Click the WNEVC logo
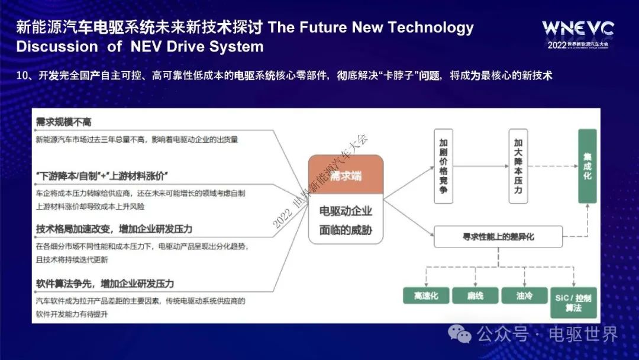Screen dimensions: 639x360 click(578, 28)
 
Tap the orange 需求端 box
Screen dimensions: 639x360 click(346, 175)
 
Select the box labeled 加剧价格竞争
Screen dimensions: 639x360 click(443, 166)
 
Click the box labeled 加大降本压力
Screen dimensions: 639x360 click(518, 166)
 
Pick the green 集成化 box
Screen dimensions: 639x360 click(588, 166)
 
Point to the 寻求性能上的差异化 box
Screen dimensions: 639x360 click(498, 236)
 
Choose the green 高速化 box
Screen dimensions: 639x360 click(426, 295)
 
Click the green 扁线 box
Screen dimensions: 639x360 click(475, 295)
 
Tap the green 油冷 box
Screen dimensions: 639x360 click(524, 295)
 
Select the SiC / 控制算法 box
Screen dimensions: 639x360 click(573, 303)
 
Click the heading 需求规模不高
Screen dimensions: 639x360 click(63, 122)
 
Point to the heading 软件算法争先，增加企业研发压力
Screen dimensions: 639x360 click(105, 284)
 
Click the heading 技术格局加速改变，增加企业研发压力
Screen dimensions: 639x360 click(114, 229)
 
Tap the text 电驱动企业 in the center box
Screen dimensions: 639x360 click(346, 211)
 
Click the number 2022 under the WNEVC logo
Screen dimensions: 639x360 click(557, 45)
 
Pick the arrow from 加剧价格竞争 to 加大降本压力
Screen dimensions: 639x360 click(481, 166)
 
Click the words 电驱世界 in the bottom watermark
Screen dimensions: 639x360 click(583, 335)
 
